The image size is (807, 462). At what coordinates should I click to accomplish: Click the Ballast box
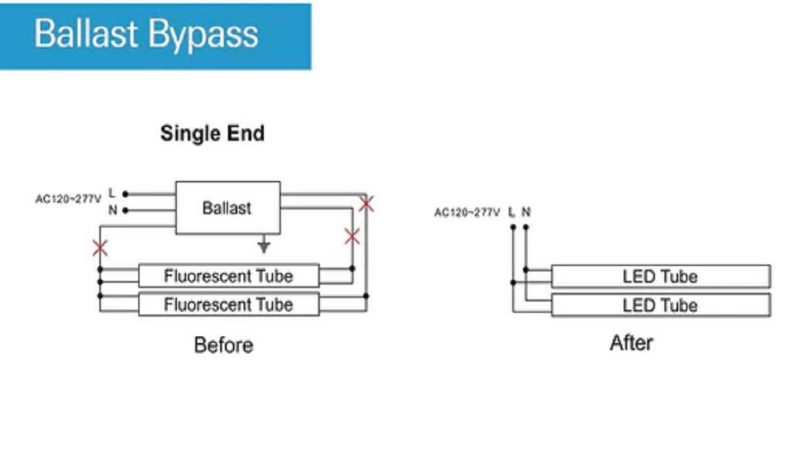coord(227,208)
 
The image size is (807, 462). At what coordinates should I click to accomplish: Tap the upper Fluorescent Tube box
coord(228,276)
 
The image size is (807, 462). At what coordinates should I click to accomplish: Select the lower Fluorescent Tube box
coord(228,304)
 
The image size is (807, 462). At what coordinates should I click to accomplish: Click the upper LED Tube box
coord(660,276)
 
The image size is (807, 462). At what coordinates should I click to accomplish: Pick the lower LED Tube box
coord(660,305)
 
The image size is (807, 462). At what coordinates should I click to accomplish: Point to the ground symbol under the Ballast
coord(264,246)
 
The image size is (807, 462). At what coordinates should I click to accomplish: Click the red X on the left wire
coord(101,247)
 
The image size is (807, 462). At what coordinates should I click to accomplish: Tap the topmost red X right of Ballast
coord(366,203)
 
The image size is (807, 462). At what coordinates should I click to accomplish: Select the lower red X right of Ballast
coord(352,236)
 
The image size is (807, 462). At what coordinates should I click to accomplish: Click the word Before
coord(224,345)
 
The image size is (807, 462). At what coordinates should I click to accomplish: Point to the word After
coord(631,342)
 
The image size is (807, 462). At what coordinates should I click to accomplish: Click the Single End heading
coord(212,133)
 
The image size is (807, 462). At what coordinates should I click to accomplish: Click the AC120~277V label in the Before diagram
coord(68,199)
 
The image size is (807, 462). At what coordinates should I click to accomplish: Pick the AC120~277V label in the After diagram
coord(467,213)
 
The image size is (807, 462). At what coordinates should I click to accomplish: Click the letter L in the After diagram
coord(511,212)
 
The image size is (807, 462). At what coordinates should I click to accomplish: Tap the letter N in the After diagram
coord(526,212)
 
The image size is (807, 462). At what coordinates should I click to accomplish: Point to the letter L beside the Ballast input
coord(112,193)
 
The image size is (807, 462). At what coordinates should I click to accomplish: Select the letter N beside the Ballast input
coord(112,210)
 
